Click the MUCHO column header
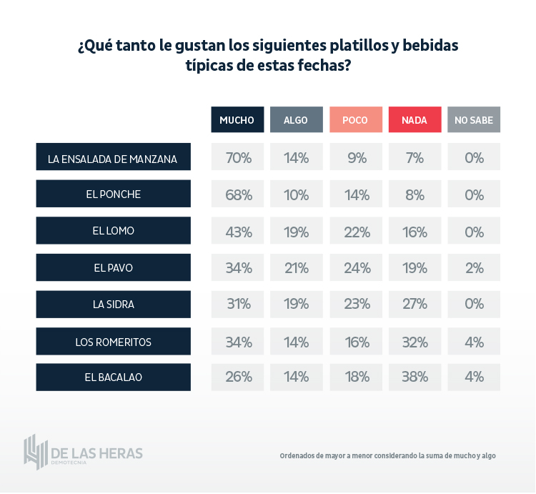coord(237,120)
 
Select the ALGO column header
coord(296,120)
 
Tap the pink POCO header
coord(355,120)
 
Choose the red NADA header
coord(415,120)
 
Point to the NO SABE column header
coord(474,120)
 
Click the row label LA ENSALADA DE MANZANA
coord(113,157)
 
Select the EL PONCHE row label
coord(113,194)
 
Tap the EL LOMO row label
coord(113,231)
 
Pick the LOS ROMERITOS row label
coord(113,342)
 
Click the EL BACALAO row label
coord(113,377)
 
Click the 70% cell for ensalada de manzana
coord(238,157)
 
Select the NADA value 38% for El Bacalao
coord(415,377)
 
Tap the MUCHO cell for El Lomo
coord(238,232)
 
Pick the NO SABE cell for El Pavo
coord(474,268)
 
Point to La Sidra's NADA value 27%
coord(415,304)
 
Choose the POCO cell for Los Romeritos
coord(356,342)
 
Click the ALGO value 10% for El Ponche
coord(296,194)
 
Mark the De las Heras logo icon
coord(36,451)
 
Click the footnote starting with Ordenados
coord(387,455)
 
